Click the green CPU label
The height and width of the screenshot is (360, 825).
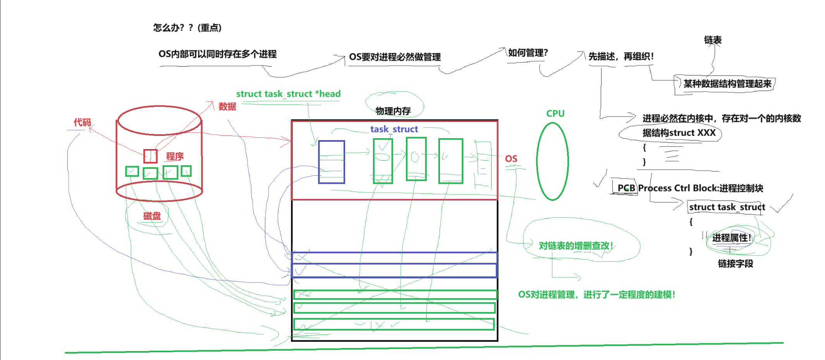(555, 113)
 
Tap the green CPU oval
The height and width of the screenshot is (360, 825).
(552, 161)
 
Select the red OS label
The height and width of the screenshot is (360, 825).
(511, 159)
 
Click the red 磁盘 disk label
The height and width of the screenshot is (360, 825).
(152, 216)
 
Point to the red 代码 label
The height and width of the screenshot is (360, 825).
(82, 123)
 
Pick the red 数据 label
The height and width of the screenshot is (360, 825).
(227, 106)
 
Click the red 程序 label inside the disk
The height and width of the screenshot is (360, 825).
(175, 156)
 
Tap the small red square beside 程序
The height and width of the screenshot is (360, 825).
(150, 156)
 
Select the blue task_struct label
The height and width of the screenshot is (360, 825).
(394, 129)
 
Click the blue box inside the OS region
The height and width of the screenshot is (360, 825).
(331, 162)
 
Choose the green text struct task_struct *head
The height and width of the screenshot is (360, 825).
(288, 94)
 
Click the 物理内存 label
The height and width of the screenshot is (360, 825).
(393, 111)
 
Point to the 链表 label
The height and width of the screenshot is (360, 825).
(712, 40)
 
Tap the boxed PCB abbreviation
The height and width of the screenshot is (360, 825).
(626, 188)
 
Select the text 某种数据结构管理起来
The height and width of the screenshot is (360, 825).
(727, 84)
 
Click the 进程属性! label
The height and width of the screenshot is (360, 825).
(731, 238)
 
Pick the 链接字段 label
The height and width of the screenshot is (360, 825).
(735, 264)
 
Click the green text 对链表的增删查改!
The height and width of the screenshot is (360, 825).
(576, 246)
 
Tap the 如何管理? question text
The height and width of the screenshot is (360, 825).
(528, 53)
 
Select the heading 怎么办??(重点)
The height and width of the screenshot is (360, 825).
(187, 27)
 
